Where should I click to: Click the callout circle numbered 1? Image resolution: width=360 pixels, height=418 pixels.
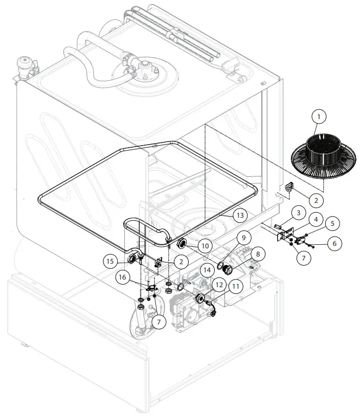319,117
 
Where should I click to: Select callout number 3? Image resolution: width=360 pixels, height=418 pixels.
298,212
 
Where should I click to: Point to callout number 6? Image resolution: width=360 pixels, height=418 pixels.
334,244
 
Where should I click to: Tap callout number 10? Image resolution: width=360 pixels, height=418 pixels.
205,246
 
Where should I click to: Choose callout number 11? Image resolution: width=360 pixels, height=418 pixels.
236,286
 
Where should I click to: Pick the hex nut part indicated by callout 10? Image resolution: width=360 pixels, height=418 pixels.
181,244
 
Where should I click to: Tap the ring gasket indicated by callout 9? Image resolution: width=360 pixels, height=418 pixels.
221,265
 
